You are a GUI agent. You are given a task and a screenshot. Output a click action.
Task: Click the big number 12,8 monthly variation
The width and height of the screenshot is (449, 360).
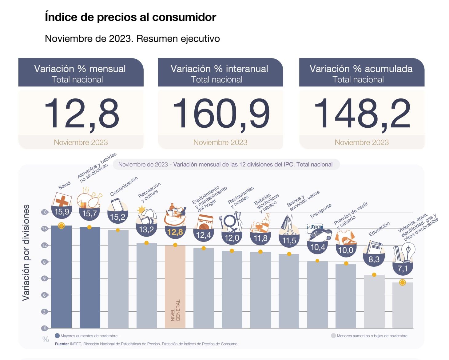point(81,113)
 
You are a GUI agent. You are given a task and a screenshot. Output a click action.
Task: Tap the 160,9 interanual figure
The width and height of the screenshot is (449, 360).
point(221,113)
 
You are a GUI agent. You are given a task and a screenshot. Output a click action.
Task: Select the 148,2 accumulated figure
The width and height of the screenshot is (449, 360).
point(362,113)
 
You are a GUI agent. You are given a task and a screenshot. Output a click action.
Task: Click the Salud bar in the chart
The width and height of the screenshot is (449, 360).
point(61,277)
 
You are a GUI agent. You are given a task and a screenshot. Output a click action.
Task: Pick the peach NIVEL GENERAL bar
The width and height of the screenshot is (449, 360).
point(175,286)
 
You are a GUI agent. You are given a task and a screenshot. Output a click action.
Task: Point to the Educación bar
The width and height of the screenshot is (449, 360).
point(374,302)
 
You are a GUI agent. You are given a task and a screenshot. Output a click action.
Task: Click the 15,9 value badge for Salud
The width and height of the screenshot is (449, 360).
point(62,212)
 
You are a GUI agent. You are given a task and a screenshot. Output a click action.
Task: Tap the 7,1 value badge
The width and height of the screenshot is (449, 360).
point(402,269)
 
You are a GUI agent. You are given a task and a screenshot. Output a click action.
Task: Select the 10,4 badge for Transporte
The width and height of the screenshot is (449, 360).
point(318,247)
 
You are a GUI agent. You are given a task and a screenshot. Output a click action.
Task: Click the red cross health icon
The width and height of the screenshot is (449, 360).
point(62,200)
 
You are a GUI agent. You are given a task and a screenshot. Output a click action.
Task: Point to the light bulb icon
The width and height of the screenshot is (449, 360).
point(408,251)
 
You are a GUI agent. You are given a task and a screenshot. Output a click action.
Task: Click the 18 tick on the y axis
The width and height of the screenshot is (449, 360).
point(45,212)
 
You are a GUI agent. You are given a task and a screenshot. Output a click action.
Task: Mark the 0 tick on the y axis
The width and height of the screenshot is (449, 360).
point(45,328)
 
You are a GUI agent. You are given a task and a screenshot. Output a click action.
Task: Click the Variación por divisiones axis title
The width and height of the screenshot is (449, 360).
point(26,252)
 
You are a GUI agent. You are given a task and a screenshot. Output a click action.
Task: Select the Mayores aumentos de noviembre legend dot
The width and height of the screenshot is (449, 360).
point(57,336)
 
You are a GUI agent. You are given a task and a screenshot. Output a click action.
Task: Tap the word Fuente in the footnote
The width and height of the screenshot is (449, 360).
point(62,344)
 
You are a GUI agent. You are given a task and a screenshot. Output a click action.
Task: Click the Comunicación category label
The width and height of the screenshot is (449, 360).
point(124,186)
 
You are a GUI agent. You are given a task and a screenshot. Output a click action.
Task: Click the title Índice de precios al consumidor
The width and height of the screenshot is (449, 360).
point(130,17)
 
